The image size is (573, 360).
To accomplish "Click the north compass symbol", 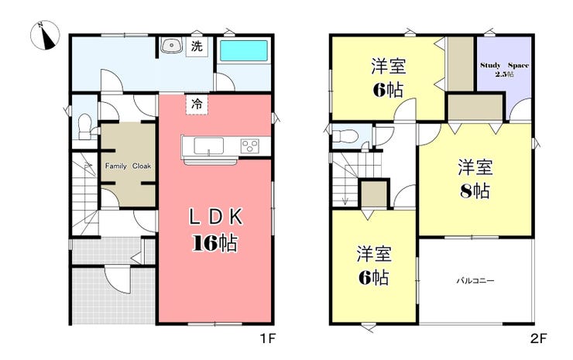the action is click(x=45, y=36).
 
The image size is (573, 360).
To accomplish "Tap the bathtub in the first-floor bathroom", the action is click(x=244, y=50).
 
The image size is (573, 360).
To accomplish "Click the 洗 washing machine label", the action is click(x=197, y=46).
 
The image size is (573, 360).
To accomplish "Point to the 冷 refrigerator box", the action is click(x=197, y=105).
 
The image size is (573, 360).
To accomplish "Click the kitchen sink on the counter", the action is click(x=208, y=146).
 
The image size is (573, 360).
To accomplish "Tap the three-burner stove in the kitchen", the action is click(x=250, y=146).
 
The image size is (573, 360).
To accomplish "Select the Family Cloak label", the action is click(x=128, y=166).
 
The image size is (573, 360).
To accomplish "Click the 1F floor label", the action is click(x=267, y=339).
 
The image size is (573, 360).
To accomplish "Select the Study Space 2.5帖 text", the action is click(x=504, y=70).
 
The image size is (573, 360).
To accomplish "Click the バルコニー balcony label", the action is click(x=475, y=281).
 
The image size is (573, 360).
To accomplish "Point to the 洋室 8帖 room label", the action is click(x=475, y=179).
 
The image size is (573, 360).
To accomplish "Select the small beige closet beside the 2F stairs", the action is click(x=374, y=194).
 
